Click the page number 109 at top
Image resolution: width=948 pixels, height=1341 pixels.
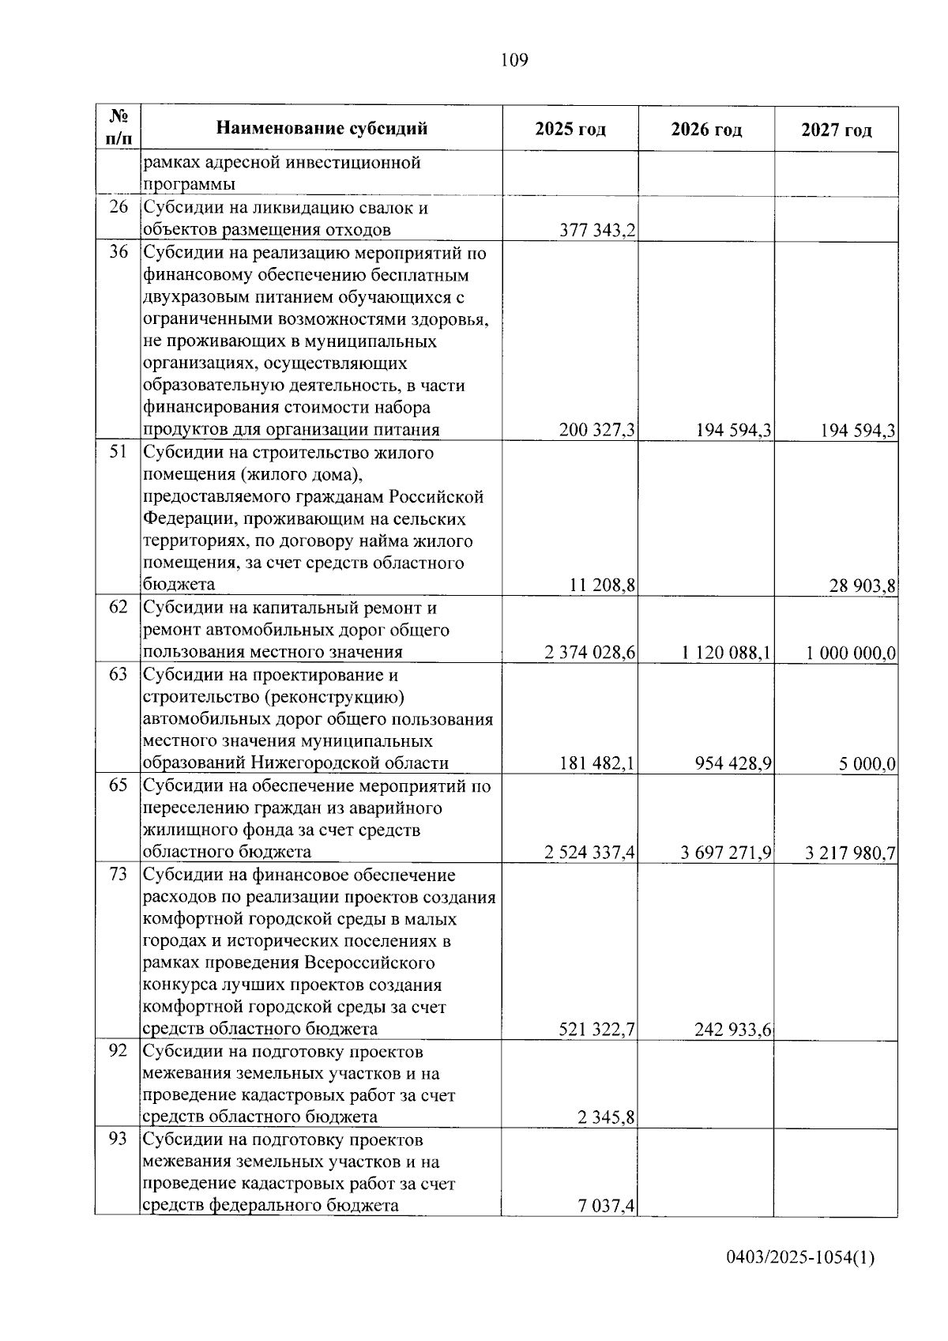513,60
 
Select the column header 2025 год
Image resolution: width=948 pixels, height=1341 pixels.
570,130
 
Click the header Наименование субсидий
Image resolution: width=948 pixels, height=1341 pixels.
322,128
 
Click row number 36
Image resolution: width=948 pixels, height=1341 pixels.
118,253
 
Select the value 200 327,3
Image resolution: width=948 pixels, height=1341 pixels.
597,431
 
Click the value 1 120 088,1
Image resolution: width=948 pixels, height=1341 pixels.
726,653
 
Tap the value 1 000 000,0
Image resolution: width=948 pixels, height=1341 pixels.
851,653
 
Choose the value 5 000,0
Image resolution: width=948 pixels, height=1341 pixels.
867,764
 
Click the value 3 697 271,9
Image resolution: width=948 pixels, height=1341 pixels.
726,853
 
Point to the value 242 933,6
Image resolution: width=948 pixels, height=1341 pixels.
732,1030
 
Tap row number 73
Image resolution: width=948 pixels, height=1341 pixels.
118,875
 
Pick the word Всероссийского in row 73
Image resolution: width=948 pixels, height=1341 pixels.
370,963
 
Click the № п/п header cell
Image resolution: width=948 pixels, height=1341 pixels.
118,128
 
